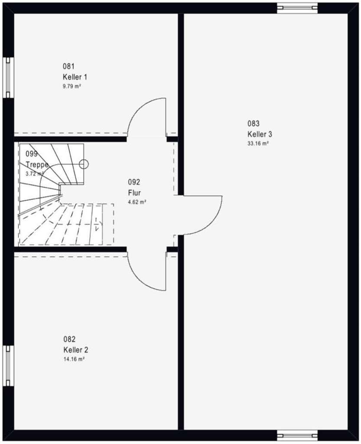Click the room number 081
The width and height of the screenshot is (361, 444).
68,66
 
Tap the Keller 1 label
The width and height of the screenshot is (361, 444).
75,77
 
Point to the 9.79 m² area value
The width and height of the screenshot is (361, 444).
72,86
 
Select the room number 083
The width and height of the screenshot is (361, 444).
254,123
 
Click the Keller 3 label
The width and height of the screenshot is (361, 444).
260,134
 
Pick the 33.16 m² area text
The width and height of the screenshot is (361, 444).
258,143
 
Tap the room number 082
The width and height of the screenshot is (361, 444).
69,340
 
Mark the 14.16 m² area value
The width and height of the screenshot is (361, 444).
74,359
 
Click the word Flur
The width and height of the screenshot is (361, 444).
134,193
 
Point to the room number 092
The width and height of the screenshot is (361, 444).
134,182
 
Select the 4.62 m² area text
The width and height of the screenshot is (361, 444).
137,202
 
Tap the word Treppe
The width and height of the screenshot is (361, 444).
37,165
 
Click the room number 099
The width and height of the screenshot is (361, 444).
32,154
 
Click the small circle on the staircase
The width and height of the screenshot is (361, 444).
84,164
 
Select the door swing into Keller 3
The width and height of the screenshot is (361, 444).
199,215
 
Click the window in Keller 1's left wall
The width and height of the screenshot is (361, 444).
7,78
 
